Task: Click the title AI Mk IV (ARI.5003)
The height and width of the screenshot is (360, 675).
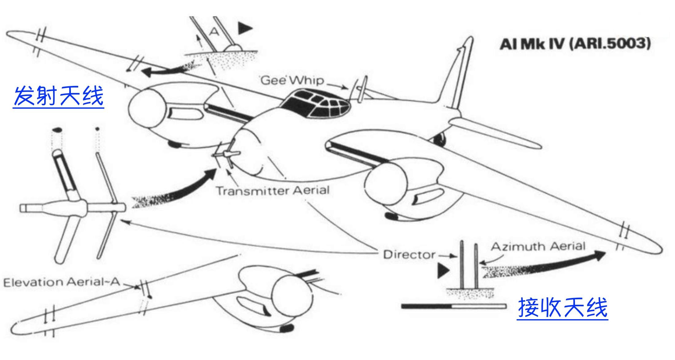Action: tap(575, 44)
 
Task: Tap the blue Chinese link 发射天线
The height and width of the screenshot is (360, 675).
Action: tap(59, 96)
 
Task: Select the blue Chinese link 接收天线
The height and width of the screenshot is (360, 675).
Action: tap(563, 308)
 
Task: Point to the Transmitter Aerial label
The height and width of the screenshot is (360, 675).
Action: tap(273, 191)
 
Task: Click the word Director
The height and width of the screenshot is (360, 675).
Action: tap(409, 254)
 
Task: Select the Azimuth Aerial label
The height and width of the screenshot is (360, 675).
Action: tap(538, 246)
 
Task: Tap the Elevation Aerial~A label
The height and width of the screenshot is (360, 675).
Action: tap(61, 282)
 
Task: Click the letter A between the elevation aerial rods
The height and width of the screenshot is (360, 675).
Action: tap(214, 32)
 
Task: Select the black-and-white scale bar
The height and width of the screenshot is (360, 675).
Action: tap(453, 306)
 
